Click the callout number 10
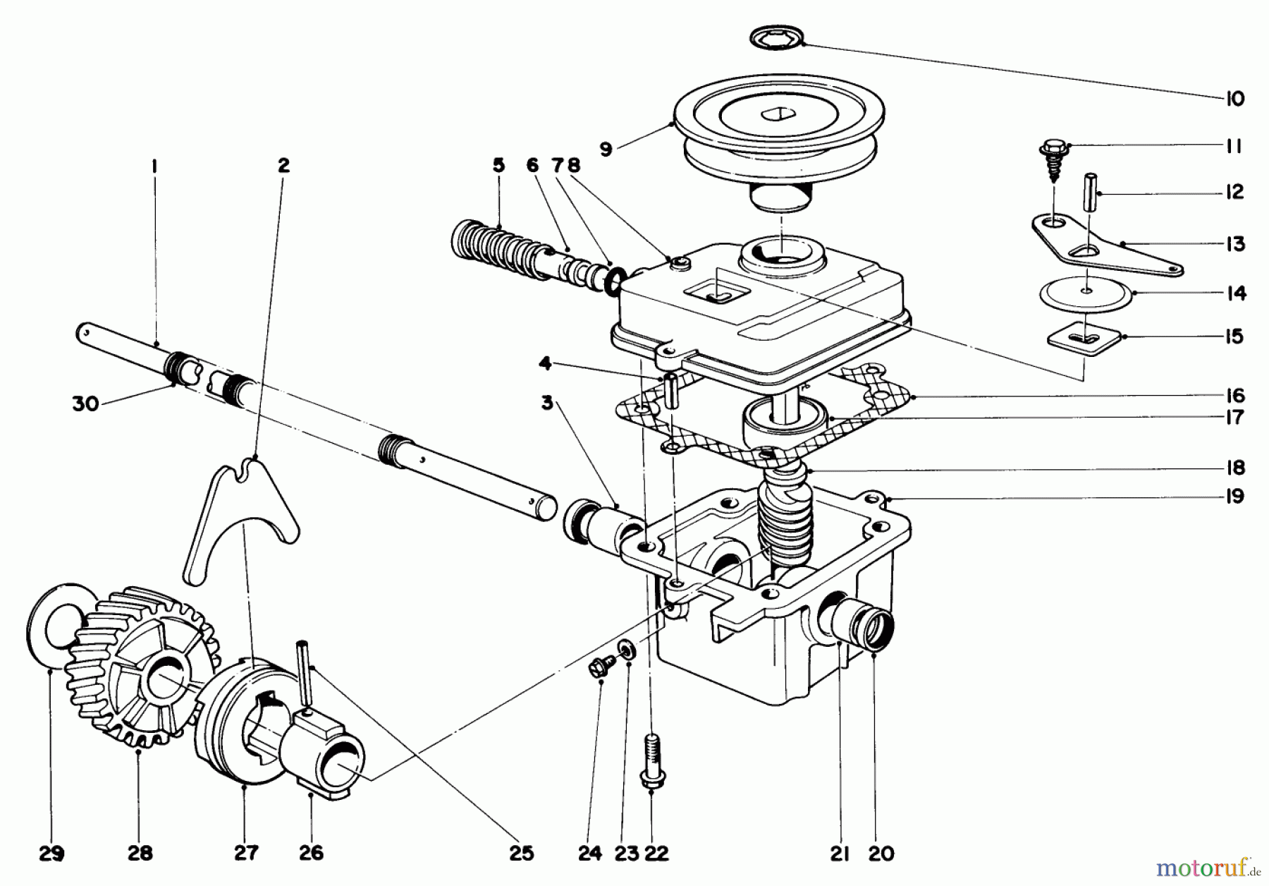point(1234,99)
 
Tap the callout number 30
point(85,405)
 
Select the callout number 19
point(1234,497)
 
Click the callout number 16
point(1234,396)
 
